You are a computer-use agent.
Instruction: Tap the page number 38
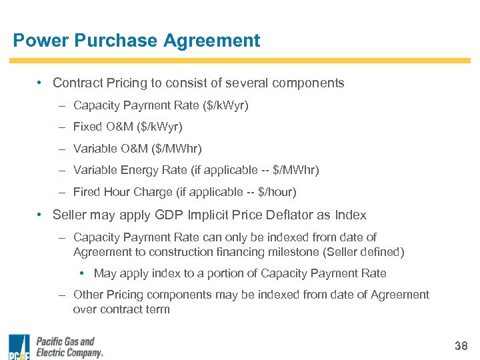coord(461,346)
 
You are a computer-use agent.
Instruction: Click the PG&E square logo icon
coord(19,347)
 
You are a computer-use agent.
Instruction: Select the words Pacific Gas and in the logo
coord(65,342)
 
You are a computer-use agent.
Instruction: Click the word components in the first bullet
coord(311,83)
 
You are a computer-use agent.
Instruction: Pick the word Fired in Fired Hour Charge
coord(87,192)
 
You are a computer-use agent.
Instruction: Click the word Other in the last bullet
coord(88,295)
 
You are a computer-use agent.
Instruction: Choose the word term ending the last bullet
coord(157,309)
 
